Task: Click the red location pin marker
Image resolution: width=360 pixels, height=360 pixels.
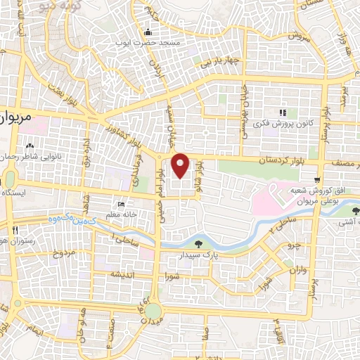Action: pyautogui.click(x=181, y=166)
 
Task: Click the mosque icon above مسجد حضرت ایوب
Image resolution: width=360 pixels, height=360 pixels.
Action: pyautogui.click(x=148, y=32)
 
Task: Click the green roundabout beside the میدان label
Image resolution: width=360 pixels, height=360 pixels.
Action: pyautogui.click(x=153, y=311)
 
